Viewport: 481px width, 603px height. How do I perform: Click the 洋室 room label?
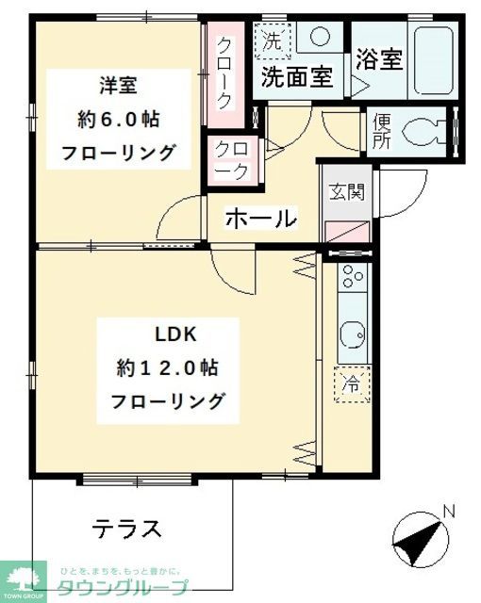[x=119, y=86]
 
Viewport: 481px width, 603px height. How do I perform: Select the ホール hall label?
[x=260, y=219]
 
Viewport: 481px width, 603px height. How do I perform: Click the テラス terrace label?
[x=126, y=528]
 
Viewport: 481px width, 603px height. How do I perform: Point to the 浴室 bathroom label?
[x=379, y=59]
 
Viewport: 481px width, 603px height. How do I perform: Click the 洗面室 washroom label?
[x=296, y=76]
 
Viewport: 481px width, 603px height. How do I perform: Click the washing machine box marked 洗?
[x=274, y=42]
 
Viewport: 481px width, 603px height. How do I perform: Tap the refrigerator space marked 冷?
[x=351, y=383]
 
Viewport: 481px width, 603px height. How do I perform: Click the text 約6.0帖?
[x=119, y=120]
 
